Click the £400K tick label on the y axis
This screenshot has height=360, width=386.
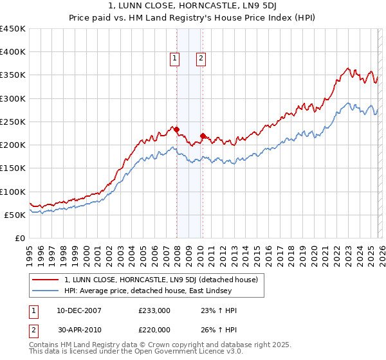(13, 52)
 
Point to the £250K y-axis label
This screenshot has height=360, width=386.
(13, 122)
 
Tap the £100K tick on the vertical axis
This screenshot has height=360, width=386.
(13, 192)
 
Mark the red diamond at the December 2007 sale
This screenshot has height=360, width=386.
(176, 129)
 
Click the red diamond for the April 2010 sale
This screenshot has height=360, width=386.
(203, 136)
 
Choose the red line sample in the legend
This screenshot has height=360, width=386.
(46, 280)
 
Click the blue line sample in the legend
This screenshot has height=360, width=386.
(46, 291)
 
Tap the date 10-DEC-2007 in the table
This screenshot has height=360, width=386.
(78, 310)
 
